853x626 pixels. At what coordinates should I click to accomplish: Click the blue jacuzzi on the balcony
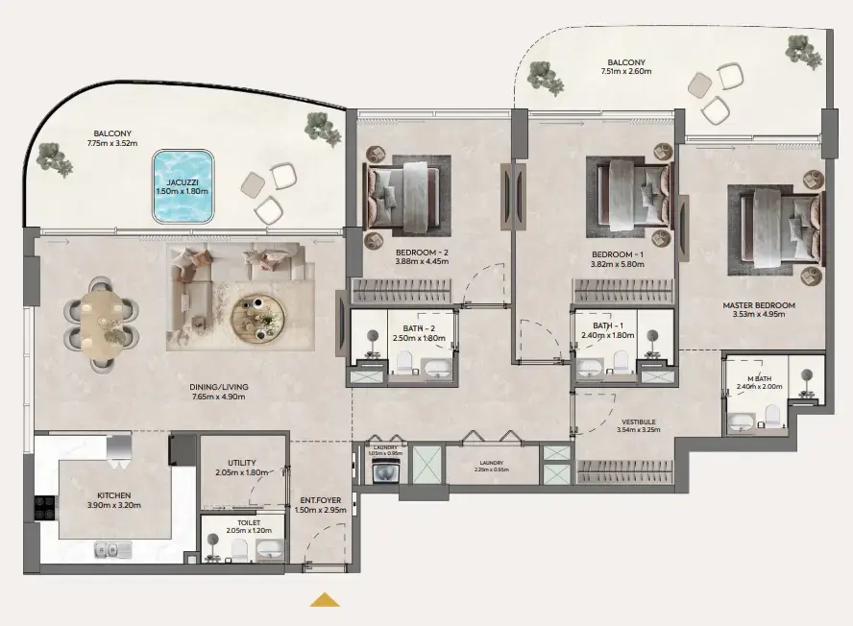[182, 184]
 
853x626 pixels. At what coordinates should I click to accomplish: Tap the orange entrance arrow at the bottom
[325, 600]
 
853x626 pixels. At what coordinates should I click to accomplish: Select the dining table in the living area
[101, 325]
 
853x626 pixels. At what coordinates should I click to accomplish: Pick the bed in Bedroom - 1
[633, 196]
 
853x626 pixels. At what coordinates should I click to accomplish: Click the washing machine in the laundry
[385, 470]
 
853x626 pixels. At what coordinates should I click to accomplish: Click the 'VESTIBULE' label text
[638, 421]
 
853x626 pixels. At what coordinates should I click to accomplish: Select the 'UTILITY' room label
[242, 463]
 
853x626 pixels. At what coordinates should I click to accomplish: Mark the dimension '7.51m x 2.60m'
[625, 71]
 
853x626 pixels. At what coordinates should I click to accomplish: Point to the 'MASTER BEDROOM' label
[759, 305]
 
